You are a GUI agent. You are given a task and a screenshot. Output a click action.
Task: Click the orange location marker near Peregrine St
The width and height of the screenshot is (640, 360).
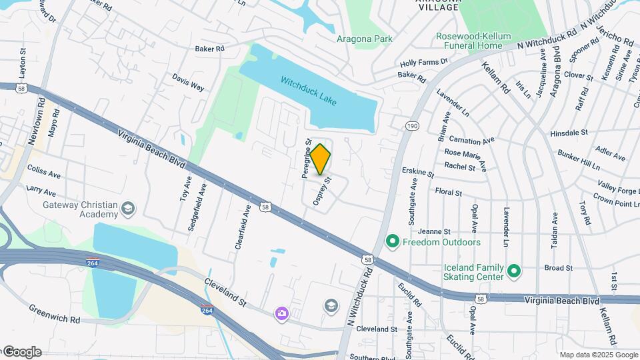click(x=321, y=159)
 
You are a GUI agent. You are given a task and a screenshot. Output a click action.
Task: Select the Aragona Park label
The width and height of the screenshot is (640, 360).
click(x=364, y=39)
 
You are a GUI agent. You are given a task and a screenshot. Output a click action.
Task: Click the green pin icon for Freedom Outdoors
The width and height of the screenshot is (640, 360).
click(x=393, y=241)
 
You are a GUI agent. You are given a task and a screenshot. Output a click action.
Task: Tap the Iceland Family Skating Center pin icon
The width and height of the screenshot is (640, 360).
click(x=514, y=271)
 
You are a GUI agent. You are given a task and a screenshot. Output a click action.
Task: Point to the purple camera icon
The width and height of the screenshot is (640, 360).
click(x=283, y=313)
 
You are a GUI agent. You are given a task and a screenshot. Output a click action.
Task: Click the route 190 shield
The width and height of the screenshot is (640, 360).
click(x=411, y=125)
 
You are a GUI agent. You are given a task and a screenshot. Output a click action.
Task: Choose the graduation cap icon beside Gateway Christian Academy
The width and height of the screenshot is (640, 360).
click(x=127, y=210)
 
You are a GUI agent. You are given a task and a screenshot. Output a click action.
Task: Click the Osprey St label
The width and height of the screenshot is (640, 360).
click(x=323, y=191)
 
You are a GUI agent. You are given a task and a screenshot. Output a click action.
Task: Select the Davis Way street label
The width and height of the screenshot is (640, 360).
click(x=188, y=82)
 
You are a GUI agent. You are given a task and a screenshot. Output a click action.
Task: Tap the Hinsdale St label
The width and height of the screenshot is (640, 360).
click(x=569, y=133)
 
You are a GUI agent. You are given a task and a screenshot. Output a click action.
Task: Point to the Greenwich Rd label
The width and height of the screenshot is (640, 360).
click(x=54, y=314)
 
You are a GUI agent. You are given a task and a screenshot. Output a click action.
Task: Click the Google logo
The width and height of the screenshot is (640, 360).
click(x=22, y=352)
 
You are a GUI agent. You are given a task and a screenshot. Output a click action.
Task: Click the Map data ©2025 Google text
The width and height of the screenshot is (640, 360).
click(x=598, y=355)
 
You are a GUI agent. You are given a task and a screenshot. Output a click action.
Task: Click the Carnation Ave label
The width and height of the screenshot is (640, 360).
click(x=471, y=141)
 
